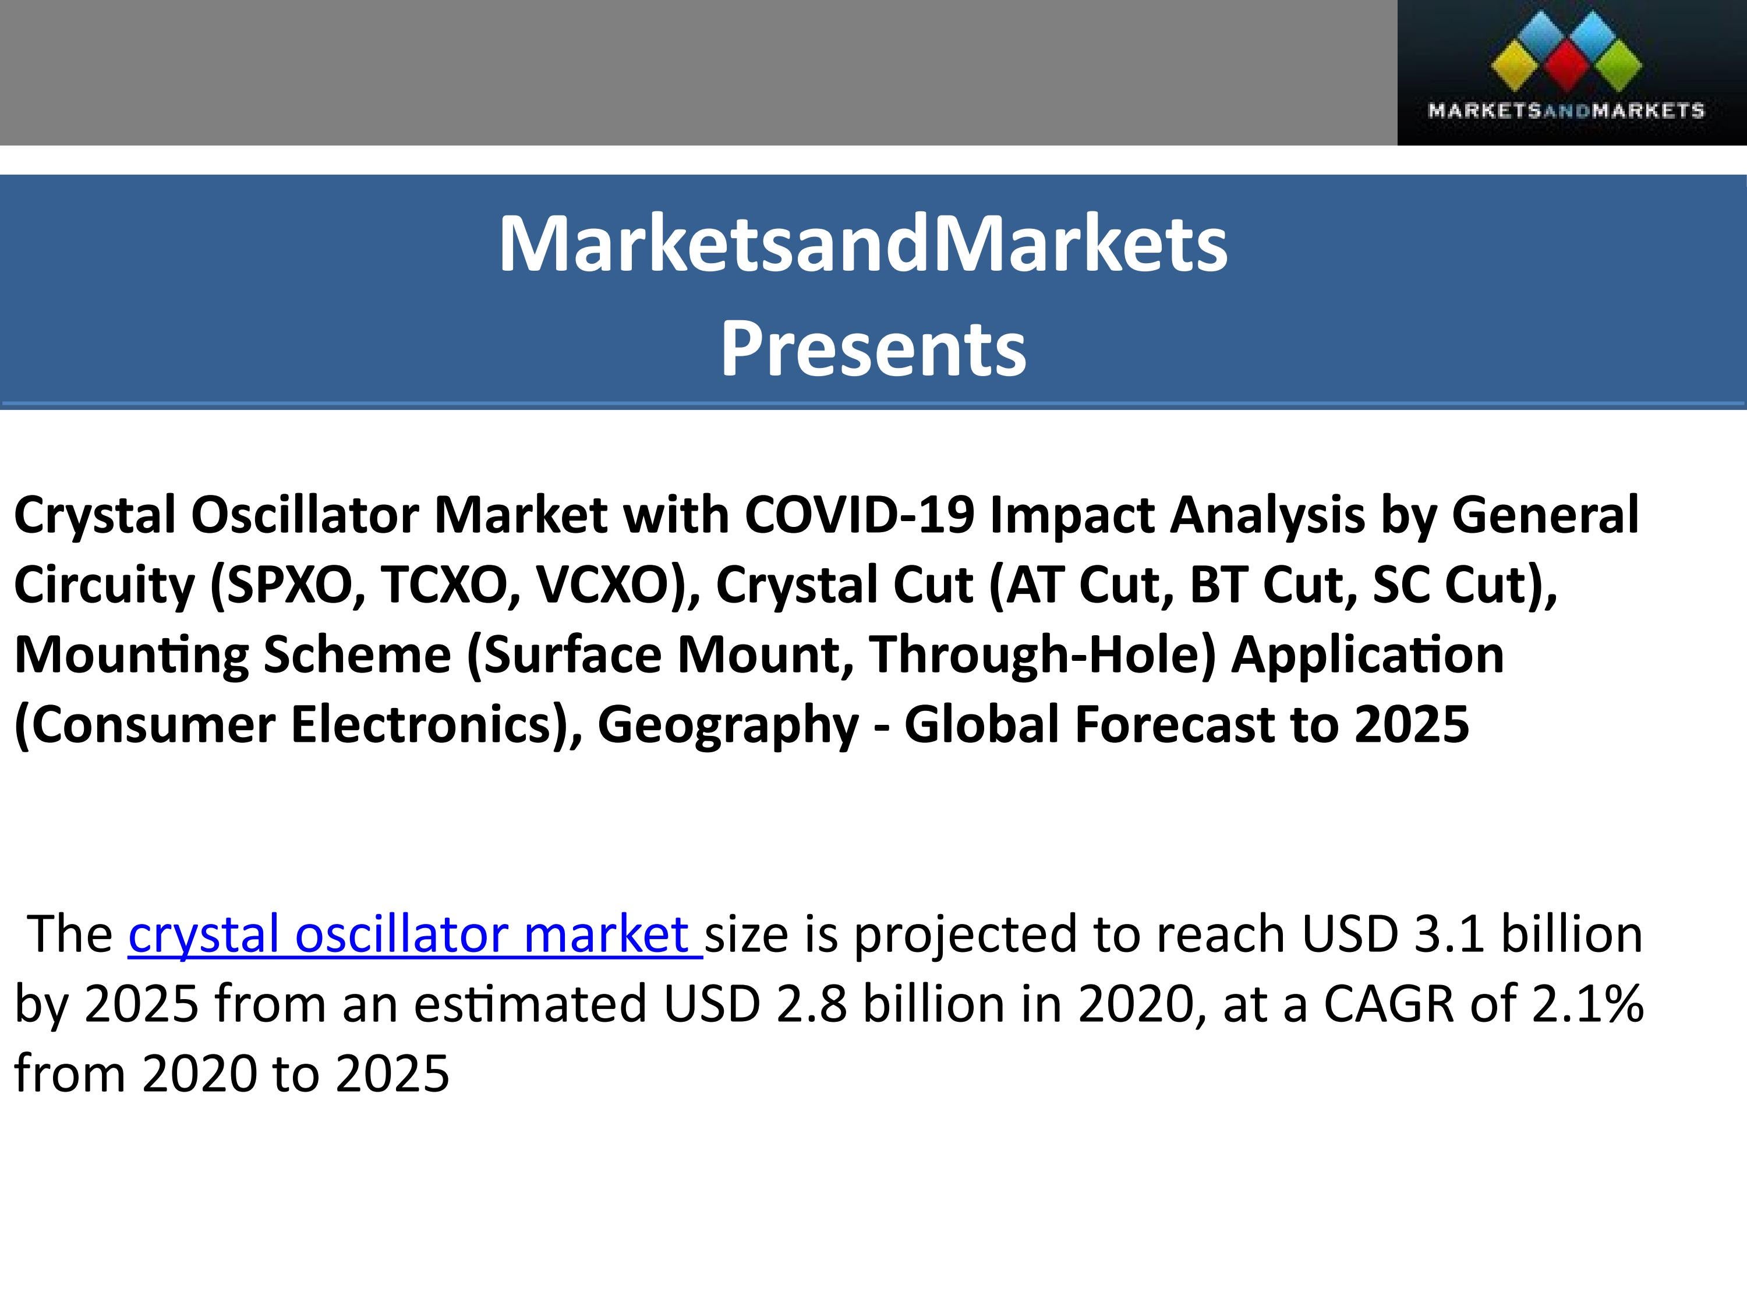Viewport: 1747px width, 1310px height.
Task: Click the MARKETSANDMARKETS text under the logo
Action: pyautogui.click(x=1565, y=111)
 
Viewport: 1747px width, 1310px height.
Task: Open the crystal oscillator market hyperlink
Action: pyautogui.click(x=414, y=933)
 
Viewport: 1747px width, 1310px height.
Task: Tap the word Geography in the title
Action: pyautogui.click(x=727, y=724)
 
